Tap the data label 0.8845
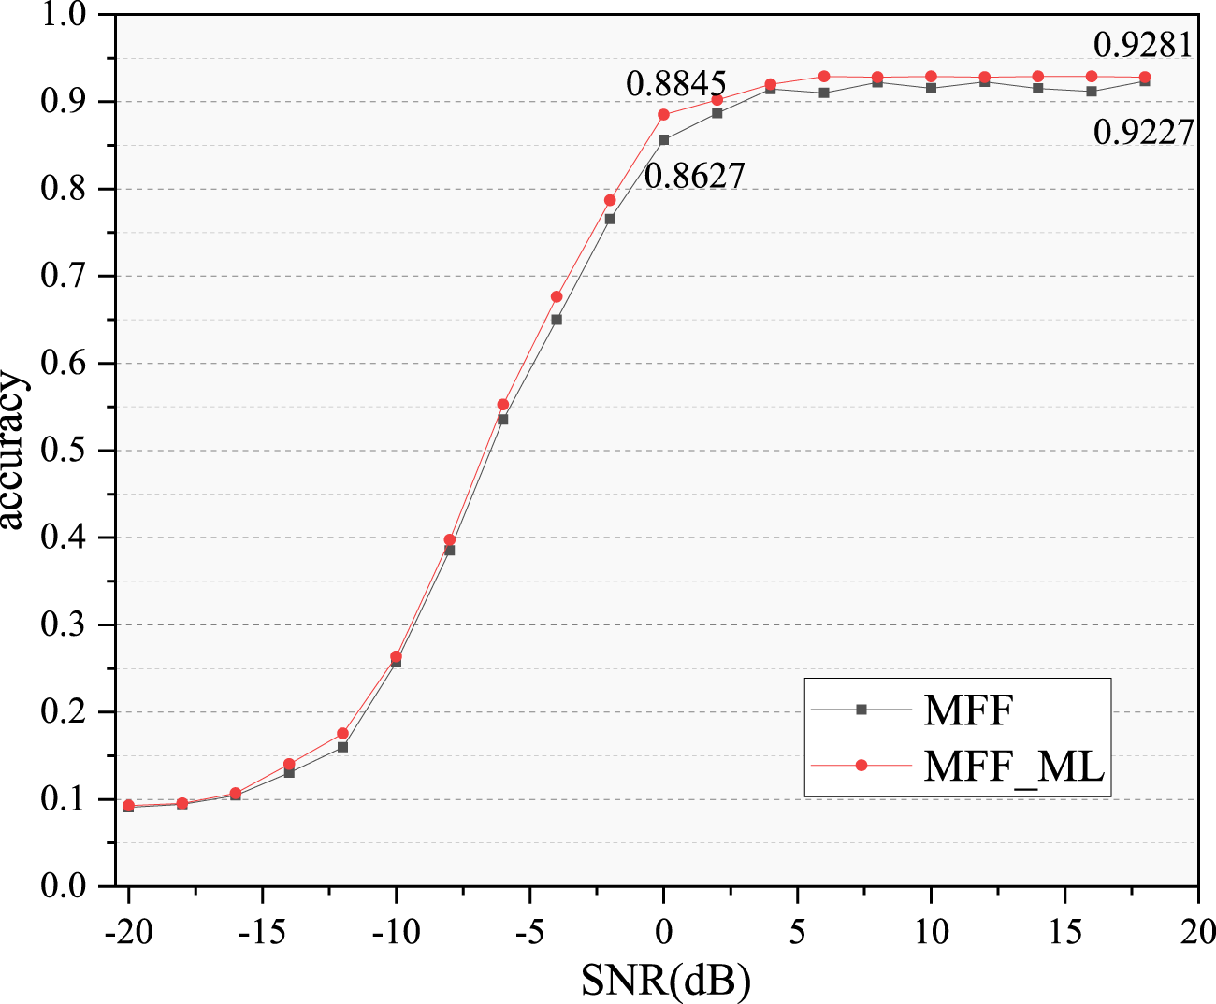675,84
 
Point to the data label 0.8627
694,175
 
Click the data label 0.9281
1143,44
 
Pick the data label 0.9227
1143,133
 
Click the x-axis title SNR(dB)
665,979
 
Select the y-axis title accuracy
13,451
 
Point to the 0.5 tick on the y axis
63,451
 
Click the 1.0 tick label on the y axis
63,15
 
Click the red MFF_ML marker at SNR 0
663,115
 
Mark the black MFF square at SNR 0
663,140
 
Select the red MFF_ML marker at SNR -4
557,296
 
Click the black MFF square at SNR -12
342,747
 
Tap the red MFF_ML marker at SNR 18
1145,77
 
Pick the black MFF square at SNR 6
824,93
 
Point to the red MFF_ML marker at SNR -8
450,539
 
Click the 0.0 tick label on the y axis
63,886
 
